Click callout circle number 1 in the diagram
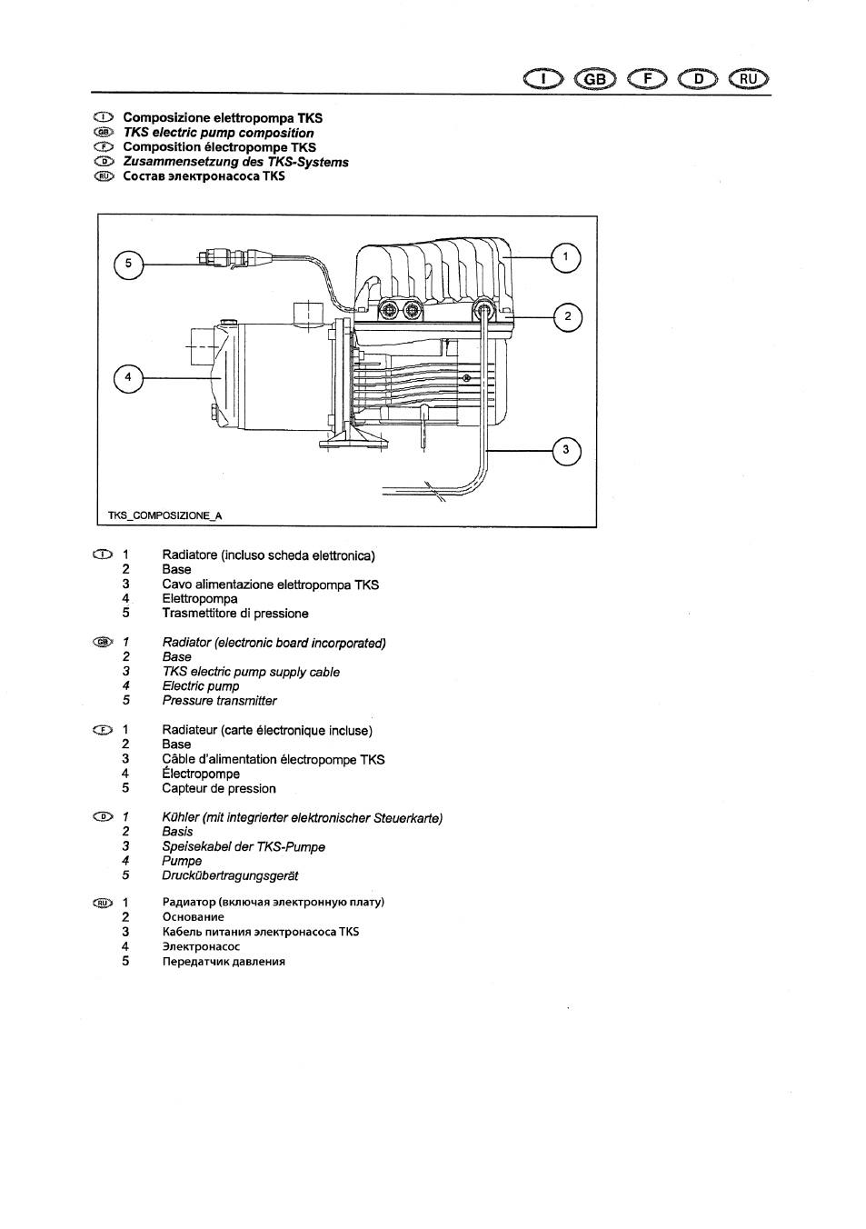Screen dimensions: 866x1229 pyautogui.click(x=565, y=258)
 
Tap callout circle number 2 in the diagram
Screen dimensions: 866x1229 pyautogui.click(x=568, y=317)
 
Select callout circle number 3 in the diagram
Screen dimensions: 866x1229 pyautogui.click(x=566, y=451)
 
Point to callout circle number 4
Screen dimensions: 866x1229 pyautogui.click(x=128, y=378)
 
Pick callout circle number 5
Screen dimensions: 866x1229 pyautogui.click(x=128, y=265)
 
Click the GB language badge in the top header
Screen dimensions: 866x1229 pyautogui.click(x=595, y=80)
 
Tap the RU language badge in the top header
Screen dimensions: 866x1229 pyautogui.click(x=749, y=79)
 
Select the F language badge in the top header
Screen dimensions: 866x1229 pyautogui.click(x=647, y=79)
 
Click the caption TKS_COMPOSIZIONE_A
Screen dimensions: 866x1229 pyautogui.click(x=164, y=515)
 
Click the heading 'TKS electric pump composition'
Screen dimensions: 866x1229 pyautogui.click(x=218, y=133)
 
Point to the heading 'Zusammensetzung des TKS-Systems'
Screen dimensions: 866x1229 pyautogui.click(x=236, y=162)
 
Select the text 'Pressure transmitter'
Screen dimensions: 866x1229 pyautogui.click(x=219, y=701)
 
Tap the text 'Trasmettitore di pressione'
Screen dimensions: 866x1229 pyautogui.click(x=235, y=614)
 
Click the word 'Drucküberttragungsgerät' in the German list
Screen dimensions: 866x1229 pyautogui.click(x=230, y=875)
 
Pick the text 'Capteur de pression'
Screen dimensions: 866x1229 pyautogui.click(x=219, y=788)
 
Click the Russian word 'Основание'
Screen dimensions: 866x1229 pyautogui.click(x=193, y=917)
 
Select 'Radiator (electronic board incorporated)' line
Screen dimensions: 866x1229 pyautogui.click(x=274, y=643)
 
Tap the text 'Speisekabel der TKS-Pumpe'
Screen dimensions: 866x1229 pyautogui.click(x=244, y=847)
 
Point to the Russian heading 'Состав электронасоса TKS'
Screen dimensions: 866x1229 pyautogui.click(x=204, y=176)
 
